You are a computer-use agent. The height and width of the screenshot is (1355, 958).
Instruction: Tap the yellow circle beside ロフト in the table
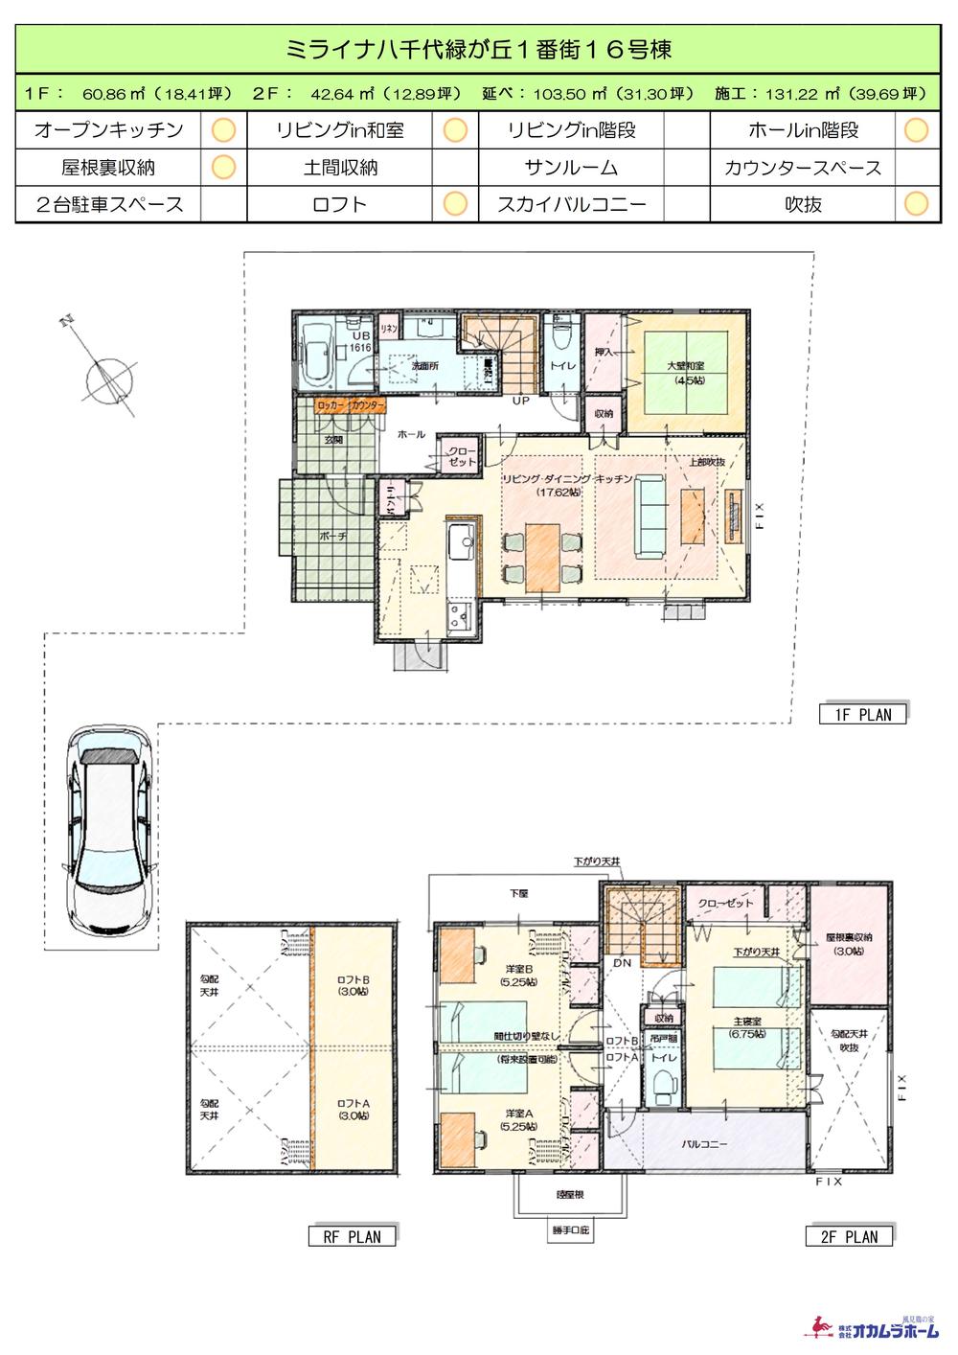pyautogui.click(x=456, y=203)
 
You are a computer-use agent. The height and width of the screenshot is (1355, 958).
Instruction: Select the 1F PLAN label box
pyautogui.click(x=861, y=714)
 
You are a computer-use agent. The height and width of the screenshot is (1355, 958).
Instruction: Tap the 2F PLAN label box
pyautogui.click(x=848, y=1236)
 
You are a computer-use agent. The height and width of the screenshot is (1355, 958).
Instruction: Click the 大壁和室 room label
pyautogui.click(x=685, y=372)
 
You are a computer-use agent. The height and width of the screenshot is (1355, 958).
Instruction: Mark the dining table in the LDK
pyautogui.click(x=542, y=558)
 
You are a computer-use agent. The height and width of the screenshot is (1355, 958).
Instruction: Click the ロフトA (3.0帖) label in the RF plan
pyautogui.click(x=354, y=1109)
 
